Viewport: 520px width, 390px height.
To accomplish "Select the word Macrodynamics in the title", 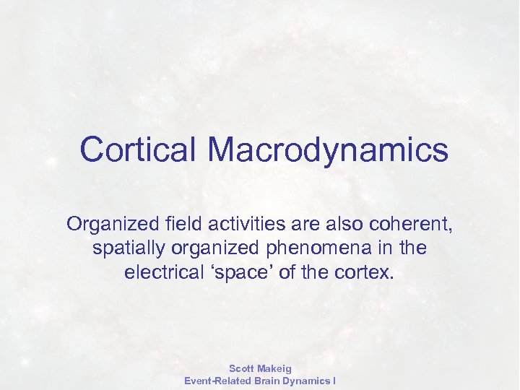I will click(328, 149).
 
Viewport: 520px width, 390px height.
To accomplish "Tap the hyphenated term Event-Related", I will click(217, 381).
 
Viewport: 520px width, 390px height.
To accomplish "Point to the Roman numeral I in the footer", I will click(333, 381).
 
